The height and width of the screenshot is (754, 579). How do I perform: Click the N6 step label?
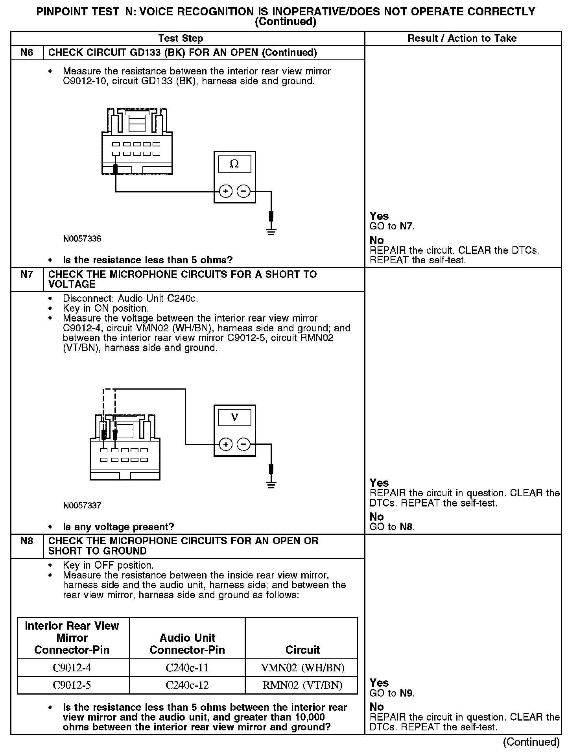click(27, 52)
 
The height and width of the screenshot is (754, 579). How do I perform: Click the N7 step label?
click(27, 274)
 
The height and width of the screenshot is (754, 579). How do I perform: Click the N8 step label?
click(27, 541)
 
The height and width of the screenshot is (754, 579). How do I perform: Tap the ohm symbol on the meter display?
click(234, 164)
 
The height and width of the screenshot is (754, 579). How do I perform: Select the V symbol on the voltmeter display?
click(234, 417)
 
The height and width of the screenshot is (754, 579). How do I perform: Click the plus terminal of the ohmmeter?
click(225, 192)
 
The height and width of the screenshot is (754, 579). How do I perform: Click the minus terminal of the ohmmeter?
click(244, 192)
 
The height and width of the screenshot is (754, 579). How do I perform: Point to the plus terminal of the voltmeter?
click(225, 445)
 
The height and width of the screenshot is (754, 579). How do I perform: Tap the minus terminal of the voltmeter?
click(244, 445)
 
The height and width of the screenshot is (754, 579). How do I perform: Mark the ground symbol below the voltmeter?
click(271, 484)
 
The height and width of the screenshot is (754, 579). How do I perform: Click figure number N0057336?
click(82, 239)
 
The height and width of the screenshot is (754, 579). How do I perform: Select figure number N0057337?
click(82, 506)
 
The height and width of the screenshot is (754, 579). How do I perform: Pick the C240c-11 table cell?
click(187, 668)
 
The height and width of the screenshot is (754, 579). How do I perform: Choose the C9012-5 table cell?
click(72, 685)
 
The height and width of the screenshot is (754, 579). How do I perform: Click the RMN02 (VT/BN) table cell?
click(302, 685)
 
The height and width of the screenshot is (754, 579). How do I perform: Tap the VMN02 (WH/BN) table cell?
click(302, 668)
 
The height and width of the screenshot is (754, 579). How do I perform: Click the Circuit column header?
click(302, 650)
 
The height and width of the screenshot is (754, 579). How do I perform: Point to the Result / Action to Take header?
click(462, 38)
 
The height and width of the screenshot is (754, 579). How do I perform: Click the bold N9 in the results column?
click(407, 693)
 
